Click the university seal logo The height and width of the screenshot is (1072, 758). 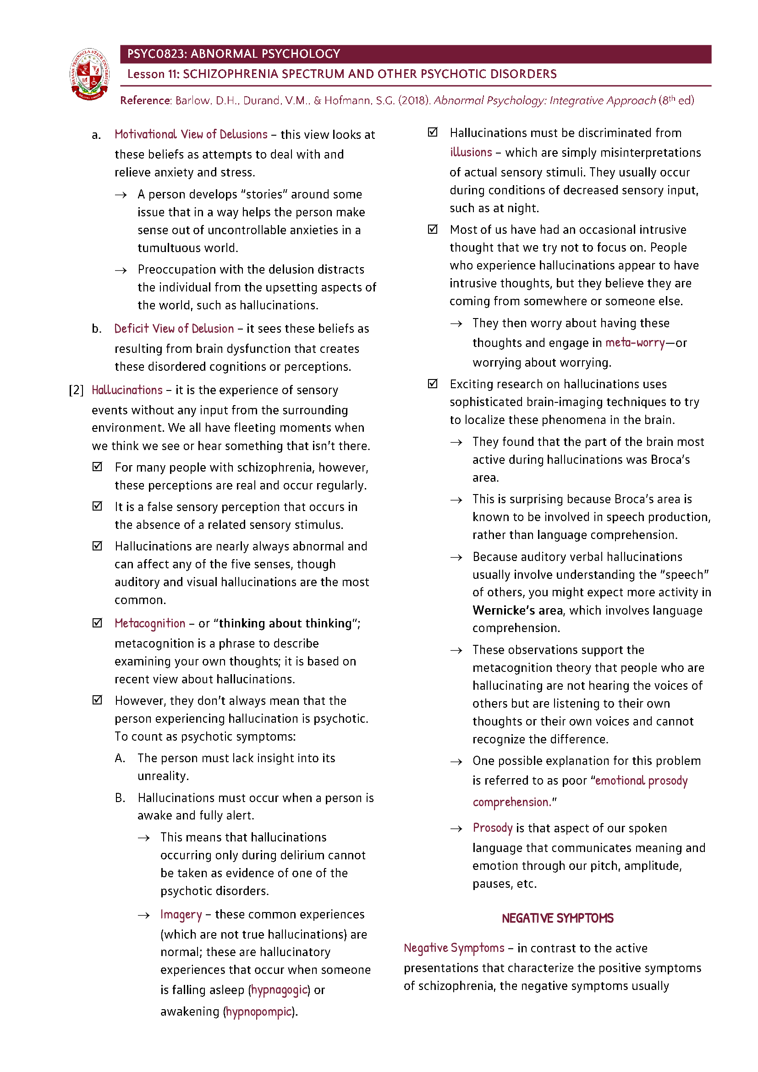[x=90, y=74]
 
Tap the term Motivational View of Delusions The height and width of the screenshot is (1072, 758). [x=191, y=135]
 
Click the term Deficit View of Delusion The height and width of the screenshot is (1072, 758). [x=174, y=329]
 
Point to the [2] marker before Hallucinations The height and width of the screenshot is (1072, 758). [x=76, y=390]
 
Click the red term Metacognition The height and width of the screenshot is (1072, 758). [x=150, y=624]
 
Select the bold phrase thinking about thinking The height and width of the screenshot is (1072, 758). [x=285, y=624]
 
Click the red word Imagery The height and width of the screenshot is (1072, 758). [x=181, y=915]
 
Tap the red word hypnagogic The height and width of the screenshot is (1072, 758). [x=279, y=990]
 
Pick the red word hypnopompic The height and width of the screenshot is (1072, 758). [x=259, y=1012]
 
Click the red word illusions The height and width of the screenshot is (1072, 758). [x=471, y=153]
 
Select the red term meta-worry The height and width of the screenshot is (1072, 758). [x=635, y=343]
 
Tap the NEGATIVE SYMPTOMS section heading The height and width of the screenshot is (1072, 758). [x=557, y=918]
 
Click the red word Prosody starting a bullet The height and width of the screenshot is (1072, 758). [x=492, y=828]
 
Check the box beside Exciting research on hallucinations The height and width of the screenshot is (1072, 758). [x=433, y=384]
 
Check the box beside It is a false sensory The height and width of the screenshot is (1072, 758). [x=97, y=506]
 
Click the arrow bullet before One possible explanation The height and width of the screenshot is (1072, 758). [x=456, y=762]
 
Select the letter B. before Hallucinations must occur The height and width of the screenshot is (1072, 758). [x=120, y=798]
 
